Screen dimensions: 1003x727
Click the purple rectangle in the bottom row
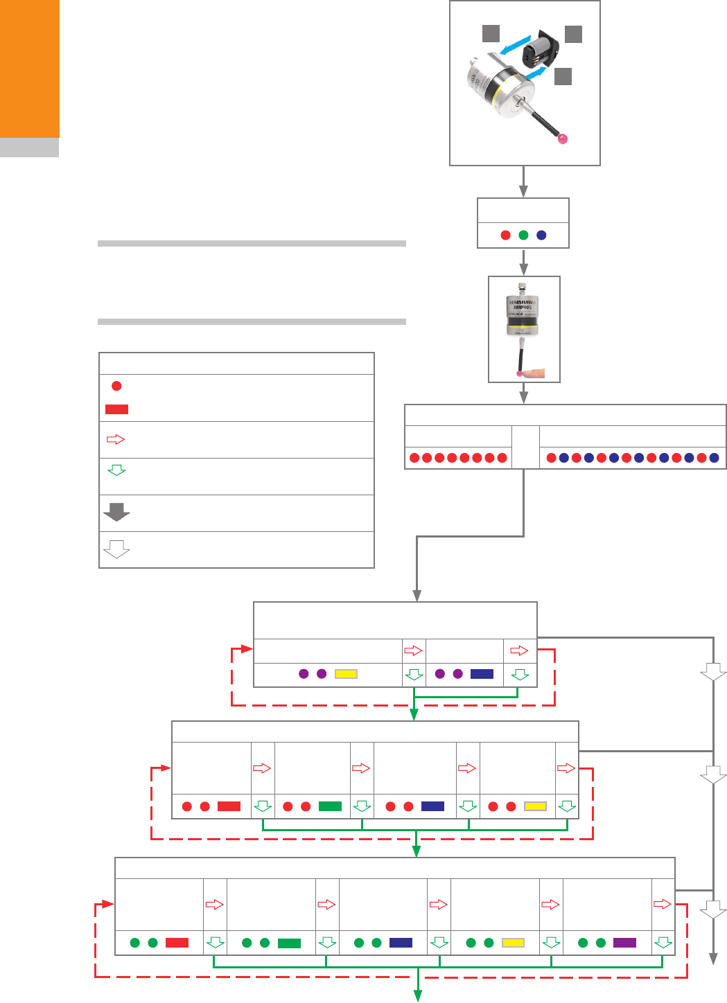click(x=624, y=943)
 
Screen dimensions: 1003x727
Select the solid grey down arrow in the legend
click(x=116, y=512)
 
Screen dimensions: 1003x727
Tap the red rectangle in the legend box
click(x=116, y=409)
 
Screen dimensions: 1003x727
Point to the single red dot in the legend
click(x=116, y=386)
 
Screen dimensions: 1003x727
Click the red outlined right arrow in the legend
click(x=116, y=439)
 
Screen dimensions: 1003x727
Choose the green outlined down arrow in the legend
click(x=116, y=470)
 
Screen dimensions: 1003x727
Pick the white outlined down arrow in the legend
click(x=116, y=549)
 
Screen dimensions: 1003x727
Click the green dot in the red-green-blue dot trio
click(x=523, y=236)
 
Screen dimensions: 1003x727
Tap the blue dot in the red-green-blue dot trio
click(x=541, y=236)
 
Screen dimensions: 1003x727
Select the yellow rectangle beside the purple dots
click(x=346, y=674)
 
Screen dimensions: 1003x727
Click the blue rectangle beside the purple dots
click(x=482, y=674)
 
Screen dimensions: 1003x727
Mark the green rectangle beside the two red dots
click(x=330, y=806)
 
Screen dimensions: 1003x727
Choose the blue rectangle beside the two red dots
click(x=432, y=806)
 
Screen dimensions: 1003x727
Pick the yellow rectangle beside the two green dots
click(x=513, y=943)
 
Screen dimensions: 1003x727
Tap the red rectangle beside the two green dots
click(x=177, y=943)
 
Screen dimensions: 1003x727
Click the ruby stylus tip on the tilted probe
click(x=563, y=139)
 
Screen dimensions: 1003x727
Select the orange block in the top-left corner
click(x=30, y=69)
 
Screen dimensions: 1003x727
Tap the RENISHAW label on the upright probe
click(x=523, y=303)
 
